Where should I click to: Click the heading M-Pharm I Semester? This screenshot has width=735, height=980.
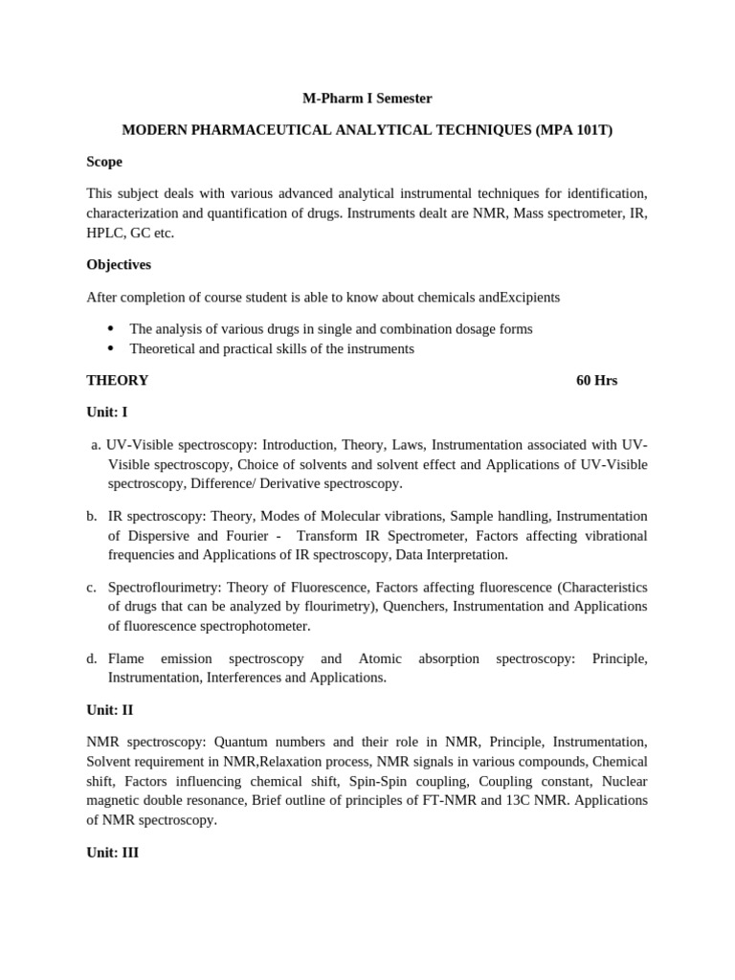(367, 98)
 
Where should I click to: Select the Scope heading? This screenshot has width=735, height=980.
(104, 162)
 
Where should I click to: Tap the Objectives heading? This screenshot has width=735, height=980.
(119, 264)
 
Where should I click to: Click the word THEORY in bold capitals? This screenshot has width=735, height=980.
(118, 380)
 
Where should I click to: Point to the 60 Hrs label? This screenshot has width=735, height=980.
(596, 380)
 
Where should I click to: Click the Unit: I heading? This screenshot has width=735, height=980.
(107, 412)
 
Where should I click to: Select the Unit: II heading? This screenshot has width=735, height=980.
(109, 710)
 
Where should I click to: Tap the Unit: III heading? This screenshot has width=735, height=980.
(112, 852)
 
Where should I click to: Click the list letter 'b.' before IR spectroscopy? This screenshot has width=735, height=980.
(92, 516)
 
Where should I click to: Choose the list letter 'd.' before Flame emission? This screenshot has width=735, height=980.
(92, 658)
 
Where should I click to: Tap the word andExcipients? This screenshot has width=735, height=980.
(517, 297)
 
